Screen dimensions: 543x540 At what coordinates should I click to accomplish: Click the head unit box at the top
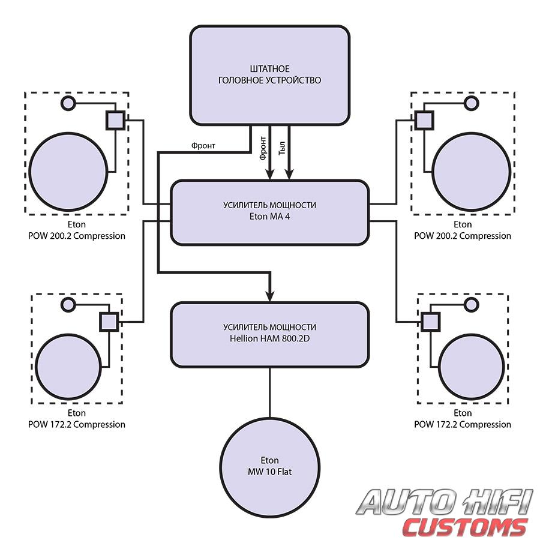coord(269,75)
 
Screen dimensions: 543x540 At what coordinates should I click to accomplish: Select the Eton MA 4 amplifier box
coord(269,212)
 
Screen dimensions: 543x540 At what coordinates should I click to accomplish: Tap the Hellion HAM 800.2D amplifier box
coord(269,334)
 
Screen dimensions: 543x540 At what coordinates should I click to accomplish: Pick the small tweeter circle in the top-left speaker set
coord(68,103)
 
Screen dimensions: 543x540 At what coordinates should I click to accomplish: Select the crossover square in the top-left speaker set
coord(115,120)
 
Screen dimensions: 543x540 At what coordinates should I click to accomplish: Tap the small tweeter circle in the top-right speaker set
coord(472,103)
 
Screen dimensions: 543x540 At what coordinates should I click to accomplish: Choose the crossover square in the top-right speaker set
coord(424,120)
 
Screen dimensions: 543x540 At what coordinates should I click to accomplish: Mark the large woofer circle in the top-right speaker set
coord(472,170)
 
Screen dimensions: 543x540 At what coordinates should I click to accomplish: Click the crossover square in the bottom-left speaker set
coord(108,322)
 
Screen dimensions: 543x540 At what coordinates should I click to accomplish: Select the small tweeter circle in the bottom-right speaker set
coord(472,305)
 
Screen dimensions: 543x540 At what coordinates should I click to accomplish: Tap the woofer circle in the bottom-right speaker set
coord(472,364)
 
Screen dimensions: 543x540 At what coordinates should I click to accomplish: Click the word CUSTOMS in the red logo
coord(465,527)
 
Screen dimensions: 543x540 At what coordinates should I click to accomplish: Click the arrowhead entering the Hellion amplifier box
coord(269,296)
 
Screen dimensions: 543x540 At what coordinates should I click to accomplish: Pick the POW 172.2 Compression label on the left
coord(76,424)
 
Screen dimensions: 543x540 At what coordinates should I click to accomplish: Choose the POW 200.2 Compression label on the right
coord(463,236)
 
